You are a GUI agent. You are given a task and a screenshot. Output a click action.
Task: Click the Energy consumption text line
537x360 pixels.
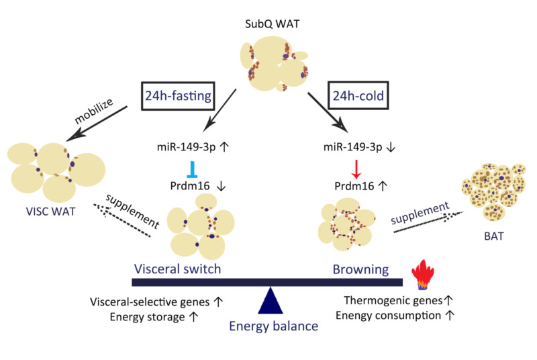[x=396, y=315]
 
